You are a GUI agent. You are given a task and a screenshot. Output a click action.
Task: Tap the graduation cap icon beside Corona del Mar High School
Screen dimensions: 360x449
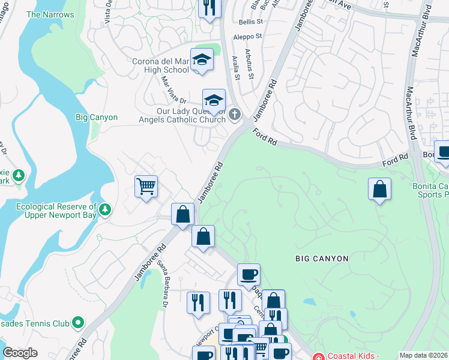(202, 59)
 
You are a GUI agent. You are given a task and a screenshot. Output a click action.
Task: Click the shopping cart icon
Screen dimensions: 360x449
(146, 187)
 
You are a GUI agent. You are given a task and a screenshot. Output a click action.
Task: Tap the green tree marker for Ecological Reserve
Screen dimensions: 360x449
(106, 209)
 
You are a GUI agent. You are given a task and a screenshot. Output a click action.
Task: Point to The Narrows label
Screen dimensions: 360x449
(50, 14)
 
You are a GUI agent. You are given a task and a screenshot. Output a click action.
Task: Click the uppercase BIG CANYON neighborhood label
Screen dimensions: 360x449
(322, 259)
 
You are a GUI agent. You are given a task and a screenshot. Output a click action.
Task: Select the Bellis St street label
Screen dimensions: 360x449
(251, 21)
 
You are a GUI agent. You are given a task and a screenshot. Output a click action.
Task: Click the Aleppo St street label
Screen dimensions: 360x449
(247, 37)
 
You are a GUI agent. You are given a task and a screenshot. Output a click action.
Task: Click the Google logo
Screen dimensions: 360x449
(20, 353)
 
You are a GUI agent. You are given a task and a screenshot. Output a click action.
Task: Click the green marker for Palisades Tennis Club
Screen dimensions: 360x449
(77, 323)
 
